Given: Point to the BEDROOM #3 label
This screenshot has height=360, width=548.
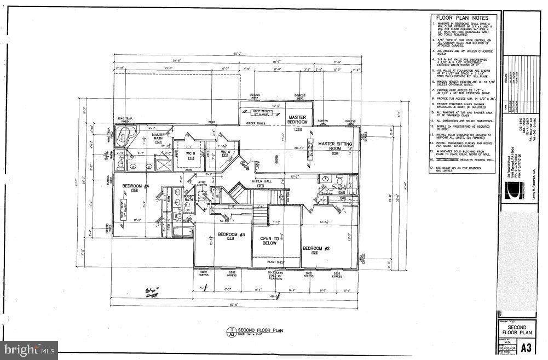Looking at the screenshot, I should [x=227, y=235].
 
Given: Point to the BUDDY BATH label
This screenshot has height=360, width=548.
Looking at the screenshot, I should [x=189, y=198].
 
